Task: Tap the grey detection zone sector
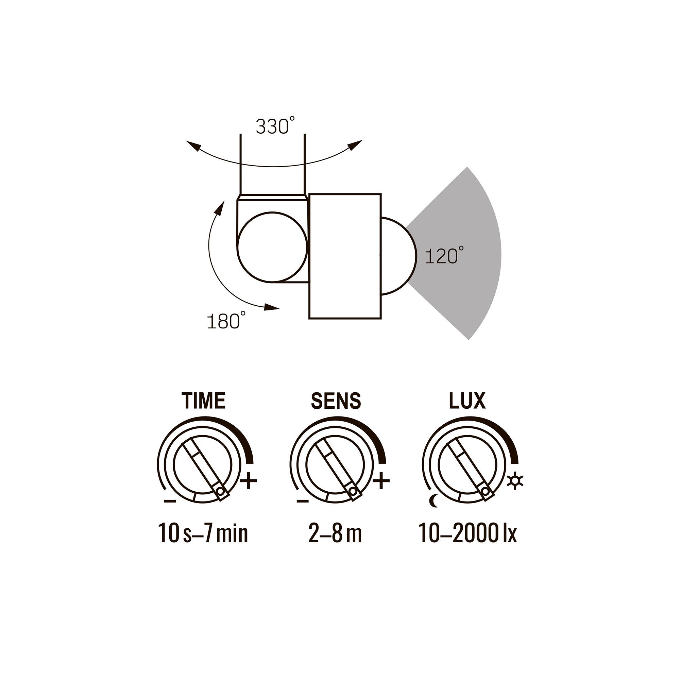point(468,253)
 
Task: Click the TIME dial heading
point(203,401)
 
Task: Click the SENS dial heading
point(336,401)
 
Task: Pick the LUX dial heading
point(467,401)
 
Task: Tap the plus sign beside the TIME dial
point(249,481)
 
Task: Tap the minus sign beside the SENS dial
point(302,500)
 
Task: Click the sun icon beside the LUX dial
point(515,481)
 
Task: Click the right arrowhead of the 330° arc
point(357,144)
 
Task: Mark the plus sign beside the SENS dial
point(381,481)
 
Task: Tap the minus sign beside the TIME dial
point(170,500)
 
